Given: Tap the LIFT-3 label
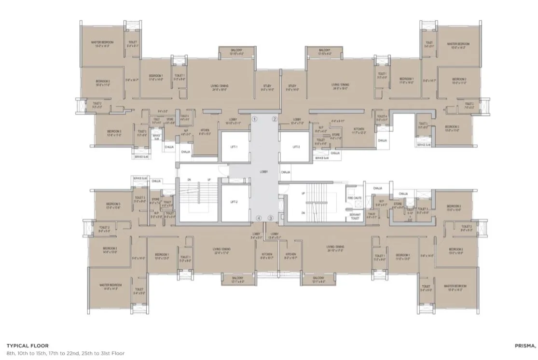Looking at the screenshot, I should click(296, 147).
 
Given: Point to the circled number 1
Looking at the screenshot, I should click(255, 119).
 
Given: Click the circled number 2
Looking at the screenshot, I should click(275, 119).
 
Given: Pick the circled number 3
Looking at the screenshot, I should click(271, 218).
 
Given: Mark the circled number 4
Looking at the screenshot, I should click(259, 218).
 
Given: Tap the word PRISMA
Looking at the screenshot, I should click(525, 346).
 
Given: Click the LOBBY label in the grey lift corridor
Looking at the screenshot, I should click(264, 172).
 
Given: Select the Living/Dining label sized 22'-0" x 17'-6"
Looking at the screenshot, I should click(222, 250).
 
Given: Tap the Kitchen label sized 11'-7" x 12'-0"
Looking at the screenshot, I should click(359, 130).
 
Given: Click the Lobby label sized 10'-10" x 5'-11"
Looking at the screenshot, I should click(233, 122).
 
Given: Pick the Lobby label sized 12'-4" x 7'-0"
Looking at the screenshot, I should click(297, 121).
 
